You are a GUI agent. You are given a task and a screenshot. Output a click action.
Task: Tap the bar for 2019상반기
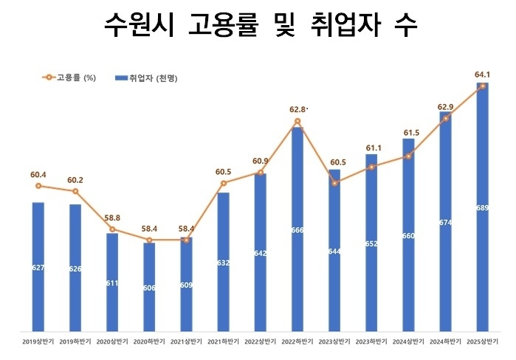38,266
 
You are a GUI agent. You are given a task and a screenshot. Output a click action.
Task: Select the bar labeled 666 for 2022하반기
297,229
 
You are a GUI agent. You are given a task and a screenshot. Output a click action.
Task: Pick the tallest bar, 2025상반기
483,207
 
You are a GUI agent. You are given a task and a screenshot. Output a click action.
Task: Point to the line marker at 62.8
297,121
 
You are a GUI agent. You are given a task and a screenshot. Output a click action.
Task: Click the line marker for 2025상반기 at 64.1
483,86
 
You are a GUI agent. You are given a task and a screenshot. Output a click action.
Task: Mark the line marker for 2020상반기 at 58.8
112,229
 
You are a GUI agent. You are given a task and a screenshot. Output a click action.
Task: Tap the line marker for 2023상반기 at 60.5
334,183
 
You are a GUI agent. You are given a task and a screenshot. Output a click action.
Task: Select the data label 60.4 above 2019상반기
38,175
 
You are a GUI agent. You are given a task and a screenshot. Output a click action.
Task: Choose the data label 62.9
445,107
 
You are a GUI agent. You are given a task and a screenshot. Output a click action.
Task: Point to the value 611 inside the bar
112,283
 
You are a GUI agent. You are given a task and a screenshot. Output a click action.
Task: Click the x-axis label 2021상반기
186,342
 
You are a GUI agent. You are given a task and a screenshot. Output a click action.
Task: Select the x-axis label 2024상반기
408,342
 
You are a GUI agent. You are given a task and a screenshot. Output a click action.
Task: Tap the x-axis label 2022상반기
261,342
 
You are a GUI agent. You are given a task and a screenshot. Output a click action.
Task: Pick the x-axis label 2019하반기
75,342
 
